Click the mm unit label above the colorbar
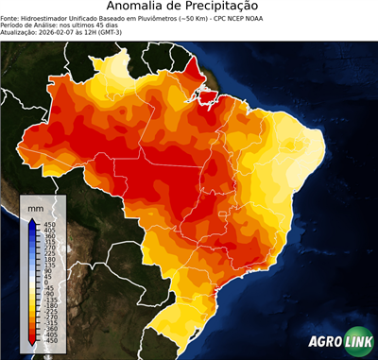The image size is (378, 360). [37, 206]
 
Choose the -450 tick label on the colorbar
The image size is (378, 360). [46, 344]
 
